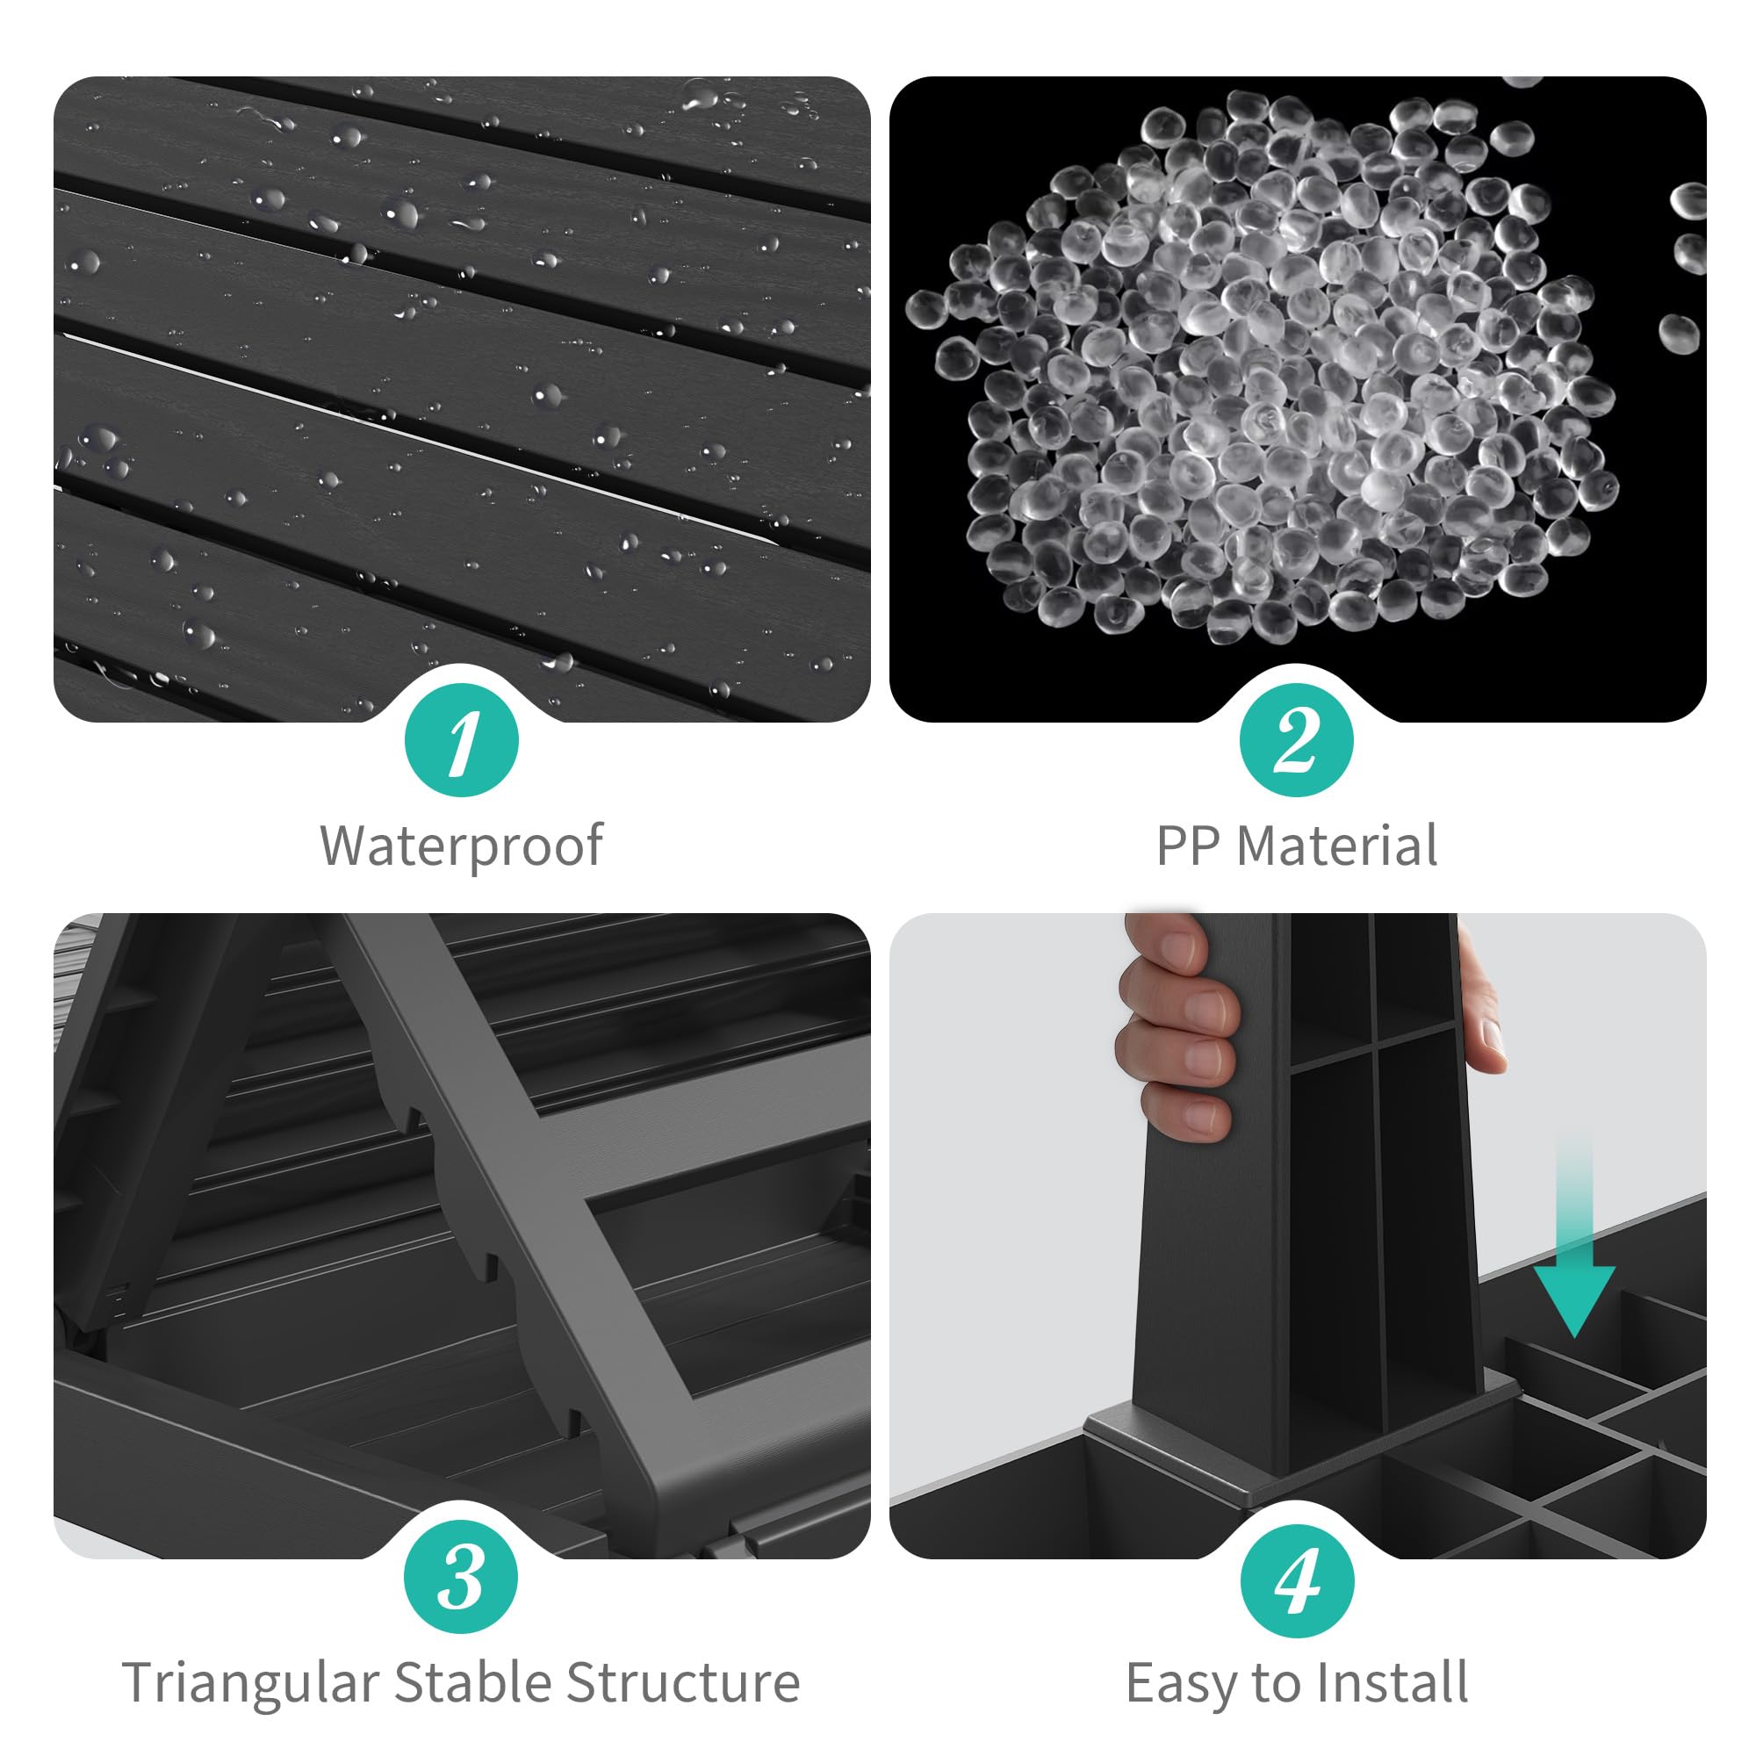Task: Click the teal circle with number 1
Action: click(462, 740)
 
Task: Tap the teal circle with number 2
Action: click(1297, 740)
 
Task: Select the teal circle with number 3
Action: click(462, 1577)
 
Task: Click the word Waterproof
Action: click(462, 847)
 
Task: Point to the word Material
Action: click(1337, 846)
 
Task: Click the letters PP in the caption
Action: click(1188, 846)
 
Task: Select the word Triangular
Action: click(251, 1683)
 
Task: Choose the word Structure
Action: click(682, 1682)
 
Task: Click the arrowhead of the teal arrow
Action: click(1575, 1299)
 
